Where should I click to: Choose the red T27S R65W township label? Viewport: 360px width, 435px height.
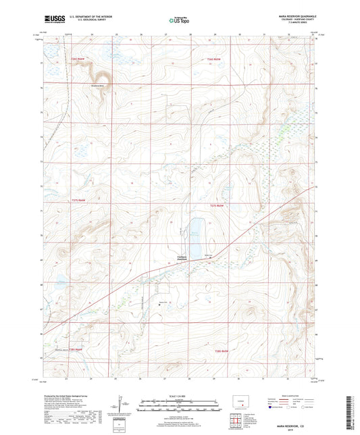coord(216,204)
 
